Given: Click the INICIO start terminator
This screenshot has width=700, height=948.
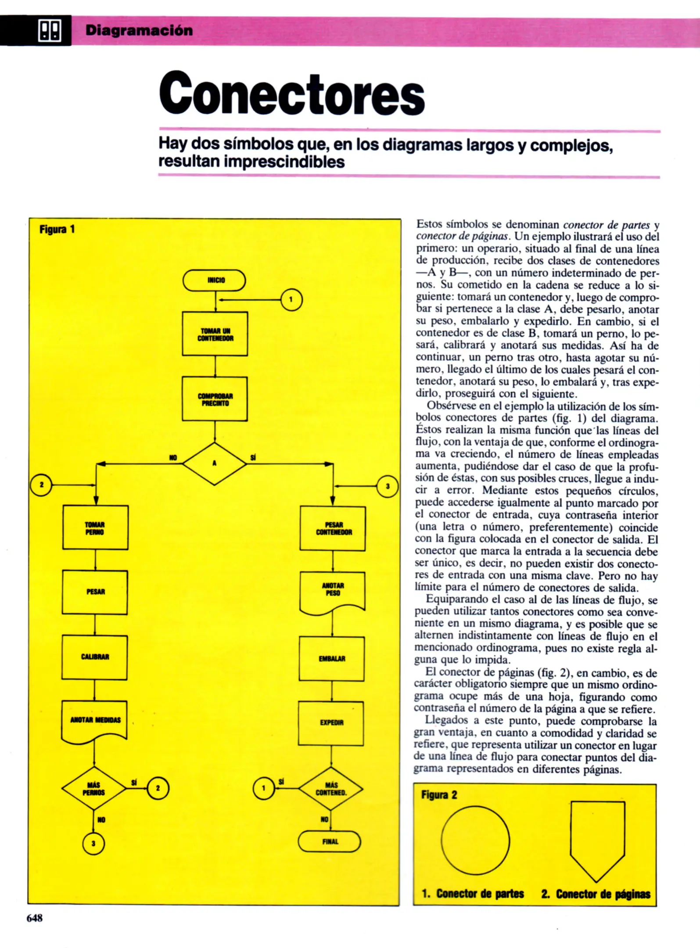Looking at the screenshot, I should (x=214, y=280).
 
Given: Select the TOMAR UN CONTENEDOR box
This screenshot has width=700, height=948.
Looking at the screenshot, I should (x=215, y=334).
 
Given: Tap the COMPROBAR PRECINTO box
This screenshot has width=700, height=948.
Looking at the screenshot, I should (x=215, y=399).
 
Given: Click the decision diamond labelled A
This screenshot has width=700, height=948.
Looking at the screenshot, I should (x=215, y=463).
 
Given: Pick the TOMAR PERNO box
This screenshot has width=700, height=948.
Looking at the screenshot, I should (x=95, y=528).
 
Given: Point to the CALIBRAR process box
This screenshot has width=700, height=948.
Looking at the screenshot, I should (x=95, y=657).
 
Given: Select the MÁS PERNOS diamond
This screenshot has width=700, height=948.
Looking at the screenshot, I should (x=94, y=788).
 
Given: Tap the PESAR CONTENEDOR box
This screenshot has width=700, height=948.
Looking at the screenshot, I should (x=333, y=528).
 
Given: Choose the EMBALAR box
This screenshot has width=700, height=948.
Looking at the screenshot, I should (x=332, y=659).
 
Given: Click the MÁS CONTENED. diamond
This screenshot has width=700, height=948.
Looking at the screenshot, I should (x=331, y=789).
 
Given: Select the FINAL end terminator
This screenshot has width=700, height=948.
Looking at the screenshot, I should (x=330, y=841).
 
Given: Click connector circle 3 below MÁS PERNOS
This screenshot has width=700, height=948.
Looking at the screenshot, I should (x=93, y=843).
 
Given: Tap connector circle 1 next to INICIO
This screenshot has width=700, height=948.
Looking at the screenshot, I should (x=291, y=300).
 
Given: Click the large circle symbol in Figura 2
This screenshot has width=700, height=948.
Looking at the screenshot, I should (x=475, y=840).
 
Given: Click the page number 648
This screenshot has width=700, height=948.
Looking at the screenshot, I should (x=35, y=918).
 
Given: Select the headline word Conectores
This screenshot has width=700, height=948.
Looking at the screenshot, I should (x=292, y=94).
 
